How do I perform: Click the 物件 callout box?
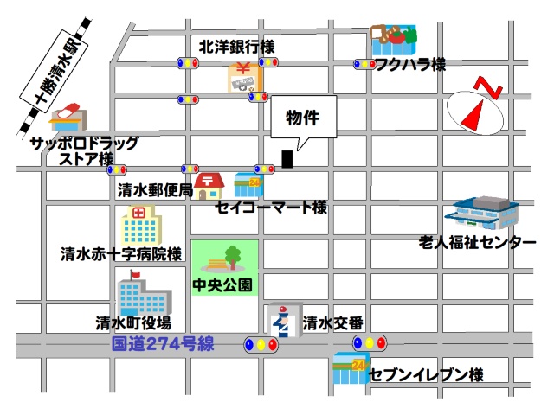[302, 118]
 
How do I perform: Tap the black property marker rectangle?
[287, 160]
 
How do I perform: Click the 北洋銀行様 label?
[236, 46]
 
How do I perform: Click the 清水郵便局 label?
[155, 190]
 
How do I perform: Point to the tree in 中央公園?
[232, 256]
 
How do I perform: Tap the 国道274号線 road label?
[164, 344]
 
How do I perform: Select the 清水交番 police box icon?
[282, 321]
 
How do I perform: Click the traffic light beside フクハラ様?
[364, 63]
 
